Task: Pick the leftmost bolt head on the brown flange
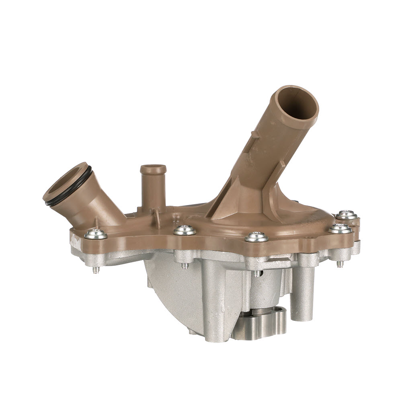(96, 234)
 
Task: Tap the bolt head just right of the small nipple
(185, 230)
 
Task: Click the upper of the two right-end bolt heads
(347, 215)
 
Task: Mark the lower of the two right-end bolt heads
(340, 228)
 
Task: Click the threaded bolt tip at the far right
(340, 264)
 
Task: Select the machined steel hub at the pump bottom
(259, 323)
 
